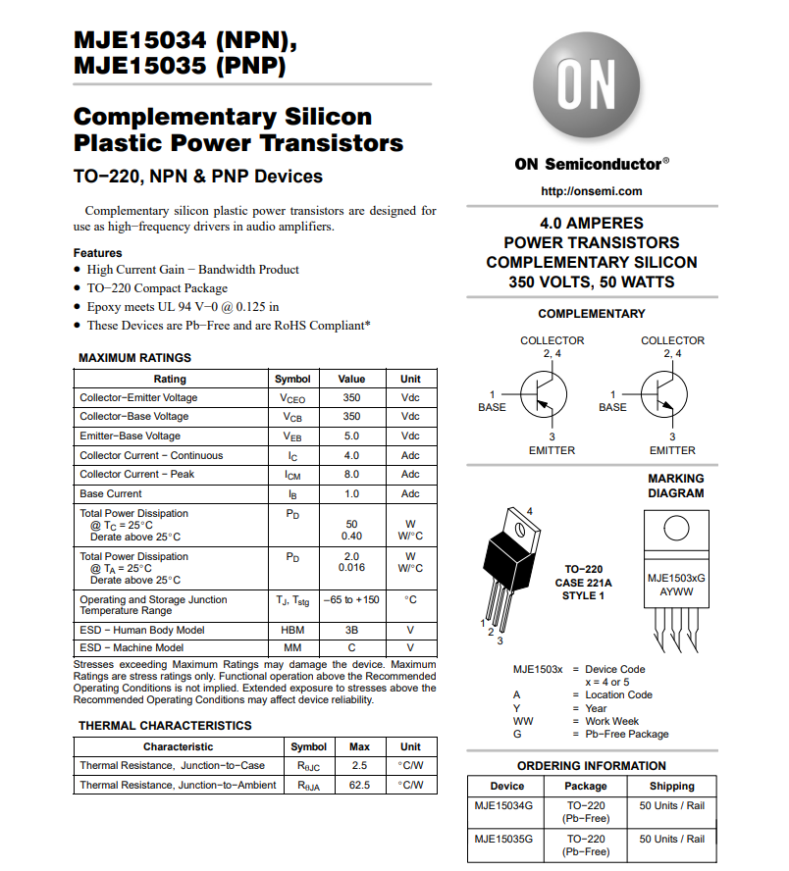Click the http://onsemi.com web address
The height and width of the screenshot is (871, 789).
591,191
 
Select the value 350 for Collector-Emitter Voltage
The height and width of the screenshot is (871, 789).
351,398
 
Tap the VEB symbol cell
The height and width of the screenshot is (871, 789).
292,436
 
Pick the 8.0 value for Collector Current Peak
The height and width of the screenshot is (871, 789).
351,475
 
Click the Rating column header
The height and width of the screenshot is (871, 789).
170,379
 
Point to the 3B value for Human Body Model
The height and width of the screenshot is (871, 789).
351,631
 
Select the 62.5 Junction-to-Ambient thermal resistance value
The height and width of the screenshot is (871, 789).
359,786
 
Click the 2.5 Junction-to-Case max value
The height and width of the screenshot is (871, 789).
359,766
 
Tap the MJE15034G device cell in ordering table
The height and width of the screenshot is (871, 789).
503,806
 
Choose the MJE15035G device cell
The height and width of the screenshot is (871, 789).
503,840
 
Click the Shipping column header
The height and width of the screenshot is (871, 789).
672,787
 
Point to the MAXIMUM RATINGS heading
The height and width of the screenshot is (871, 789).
134,358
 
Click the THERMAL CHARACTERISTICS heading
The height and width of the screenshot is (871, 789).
165,726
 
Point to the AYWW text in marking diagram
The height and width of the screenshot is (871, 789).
675,592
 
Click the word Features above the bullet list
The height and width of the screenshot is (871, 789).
98,253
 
